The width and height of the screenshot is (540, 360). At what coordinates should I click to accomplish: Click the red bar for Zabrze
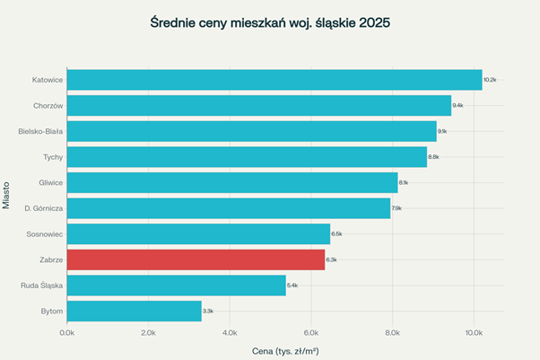pyautogui.click(x=196, y=260)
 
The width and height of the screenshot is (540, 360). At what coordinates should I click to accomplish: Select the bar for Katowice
pyautogui.click(x=274, y=80)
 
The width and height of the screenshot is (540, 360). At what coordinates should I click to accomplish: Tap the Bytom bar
pyautogui.click(x=134, y=312)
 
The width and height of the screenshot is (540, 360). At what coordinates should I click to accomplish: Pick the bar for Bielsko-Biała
pyautogui.click(x=251, y=132)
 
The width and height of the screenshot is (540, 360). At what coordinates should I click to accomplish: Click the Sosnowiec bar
pyautogui.click(x=198, y=234)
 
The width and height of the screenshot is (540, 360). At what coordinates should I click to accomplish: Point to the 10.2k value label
pyautogui.click(x=490, y=80)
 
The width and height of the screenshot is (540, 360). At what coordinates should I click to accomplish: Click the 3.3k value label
pyautogui.click(x=207, y=312)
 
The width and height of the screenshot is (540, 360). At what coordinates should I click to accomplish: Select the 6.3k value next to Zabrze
pyautogui.click(x=331, y=260)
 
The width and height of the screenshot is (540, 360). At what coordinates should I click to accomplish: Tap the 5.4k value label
pyautogui.click(x=292, y=285)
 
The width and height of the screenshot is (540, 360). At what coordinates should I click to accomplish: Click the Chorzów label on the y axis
pyautogui.click(x=46, y=106)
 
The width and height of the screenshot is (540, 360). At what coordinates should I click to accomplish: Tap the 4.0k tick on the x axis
pyautogui.click(x=230, y=332)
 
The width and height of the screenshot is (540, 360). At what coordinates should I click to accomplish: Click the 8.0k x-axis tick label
pyautogui.click(x=392, y=332)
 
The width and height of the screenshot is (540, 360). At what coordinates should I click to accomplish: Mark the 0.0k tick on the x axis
pyautogui.click(x=67, y=332)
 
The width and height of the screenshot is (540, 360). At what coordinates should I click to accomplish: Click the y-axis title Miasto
pyautogui.click(x=7, y=194)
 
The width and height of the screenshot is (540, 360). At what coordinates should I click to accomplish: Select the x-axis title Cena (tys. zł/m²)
pyautogui.click(x=285, y=349)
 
